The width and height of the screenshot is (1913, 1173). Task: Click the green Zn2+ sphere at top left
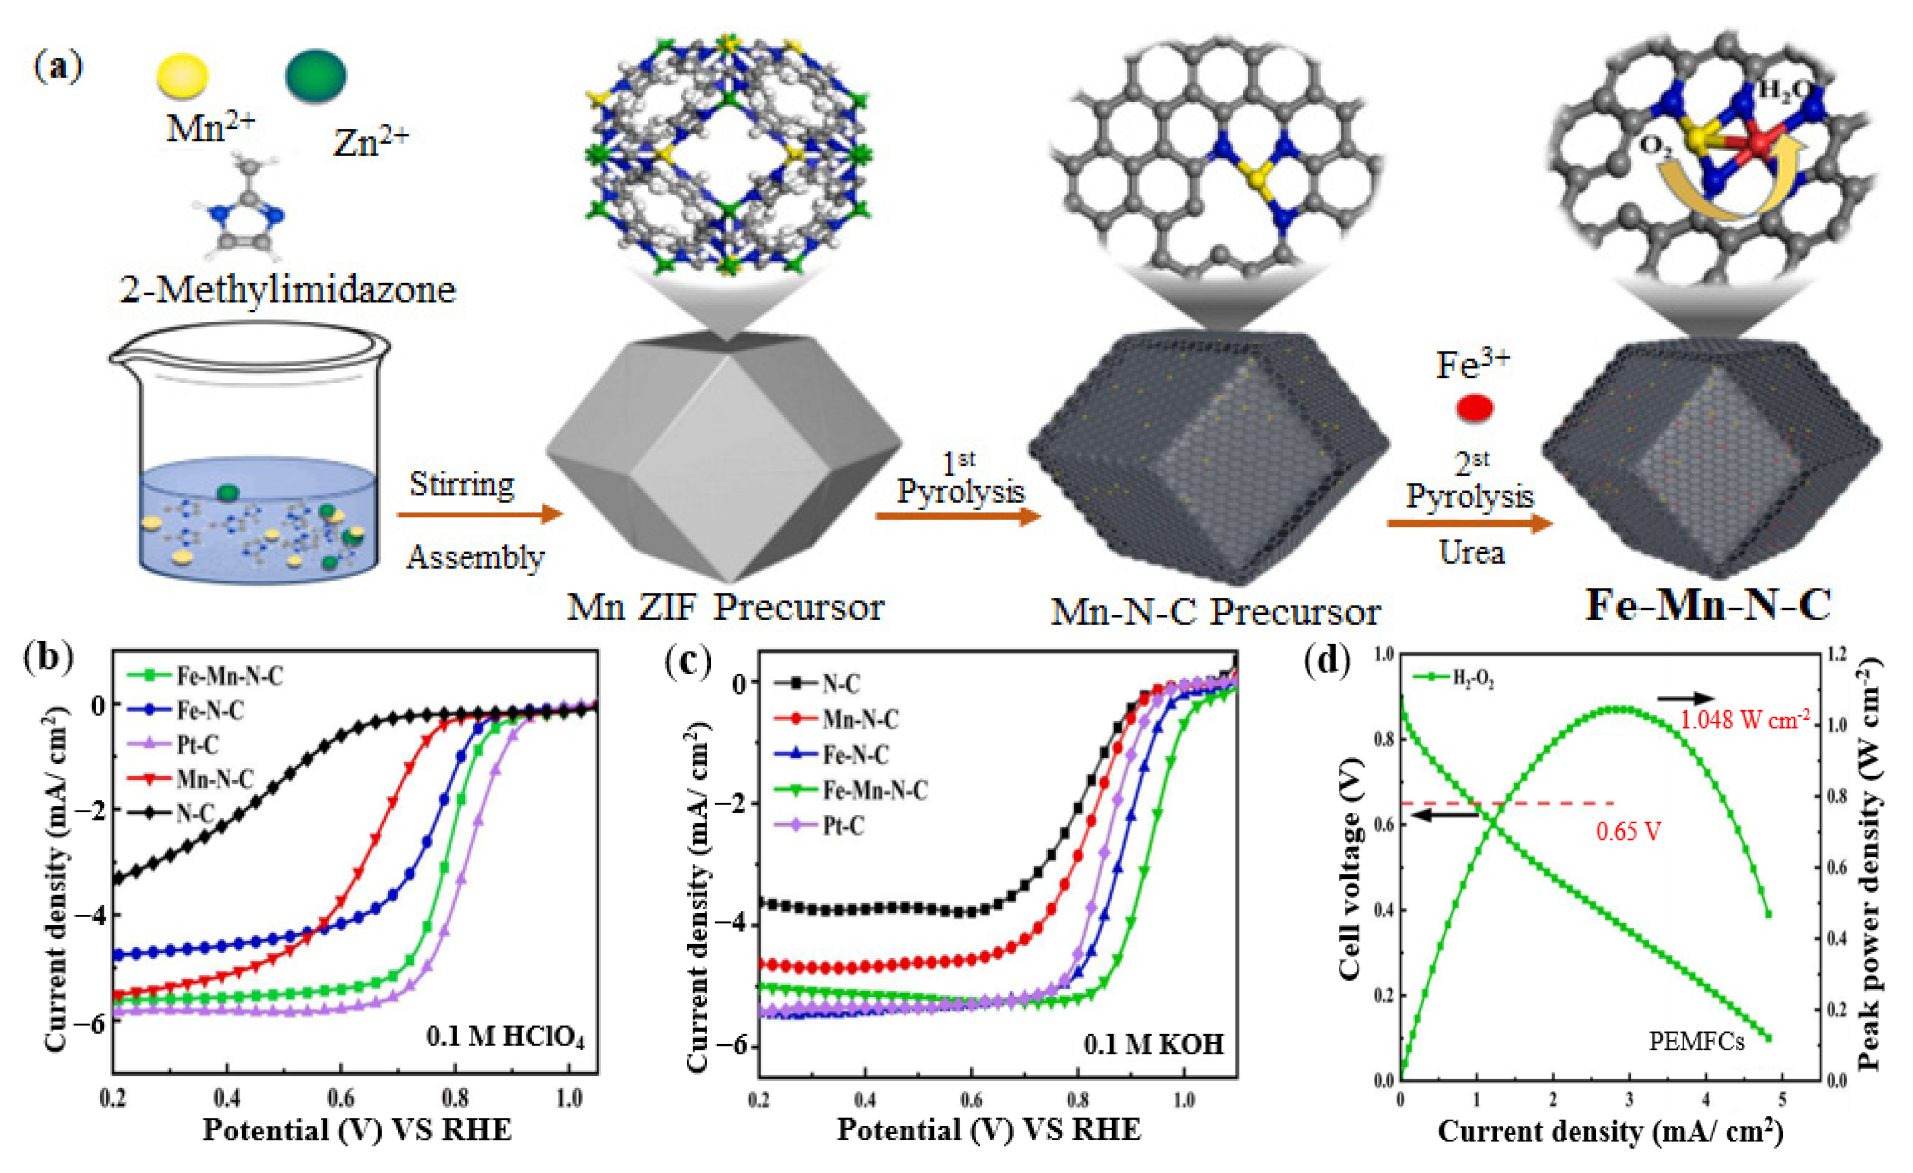[x=316, y=75]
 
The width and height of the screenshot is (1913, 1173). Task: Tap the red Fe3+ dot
[x=1474, y=407]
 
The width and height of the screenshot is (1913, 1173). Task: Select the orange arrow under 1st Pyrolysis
[x=958, y=517]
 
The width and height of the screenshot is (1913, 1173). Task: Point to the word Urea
[x=1471, y=552]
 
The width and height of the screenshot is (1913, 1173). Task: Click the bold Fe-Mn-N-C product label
[x=1708, y=605]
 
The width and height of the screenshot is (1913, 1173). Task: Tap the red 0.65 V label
[x=1628, y=832]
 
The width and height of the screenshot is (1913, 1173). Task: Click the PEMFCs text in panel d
[x=1696, y=1040]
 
